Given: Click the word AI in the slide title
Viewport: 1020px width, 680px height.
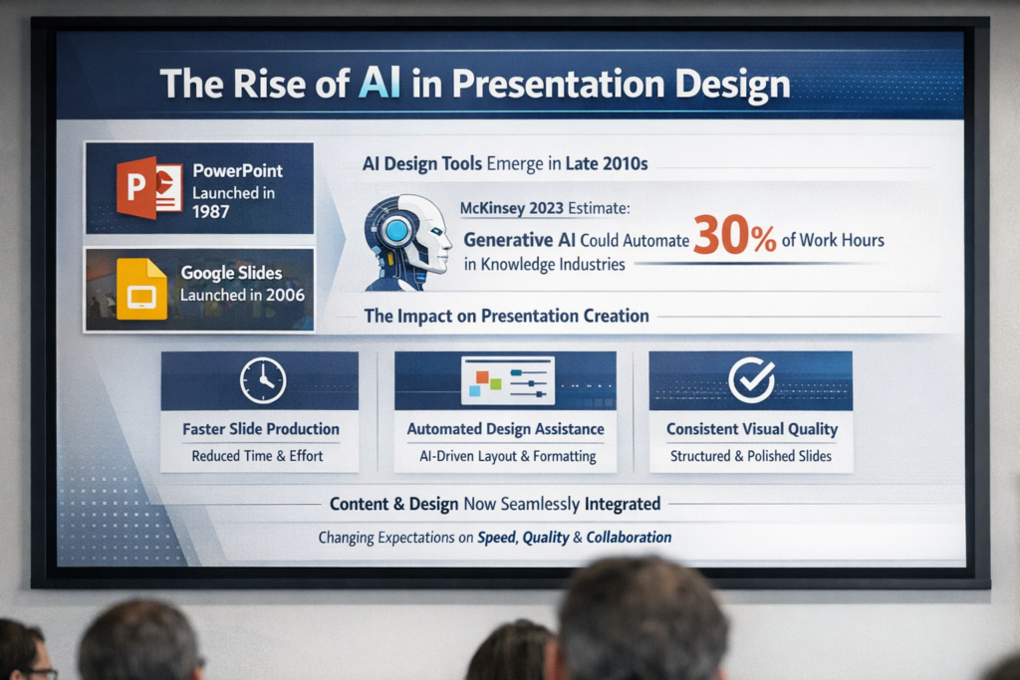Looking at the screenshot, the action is click(x=379, y=84).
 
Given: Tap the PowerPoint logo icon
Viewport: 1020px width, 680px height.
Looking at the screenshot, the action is click(x=149, y=188).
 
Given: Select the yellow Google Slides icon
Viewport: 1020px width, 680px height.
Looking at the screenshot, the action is click(x=141, y=290).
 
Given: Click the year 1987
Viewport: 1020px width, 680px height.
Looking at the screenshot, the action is click(x=210, y=212).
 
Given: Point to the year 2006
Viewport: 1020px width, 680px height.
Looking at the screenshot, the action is click(x=285, y=295).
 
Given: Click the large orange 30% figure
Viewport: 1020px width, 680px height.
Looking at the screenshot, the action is click(x=734, y=235).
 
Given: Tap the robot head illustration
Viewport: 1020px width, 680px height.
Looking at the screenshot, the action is click(x=407, y=242).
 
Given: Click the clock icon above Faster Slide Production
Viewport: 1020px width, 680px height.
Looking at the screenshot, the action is click(x=263, y=380).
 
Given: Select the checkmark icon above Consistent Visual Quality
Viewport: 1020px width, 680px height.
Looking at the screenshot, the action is click(x=751, y=380).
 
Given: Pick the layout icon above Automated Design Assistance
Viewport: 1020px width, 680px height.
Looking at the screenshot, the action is click(x=508, y=380).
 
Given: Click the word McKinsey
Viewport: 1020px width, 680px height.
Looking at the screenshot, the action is click(x=492, y=209).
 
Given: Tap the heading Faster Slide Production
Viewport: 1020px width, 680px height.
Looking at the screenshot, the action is click(x=261, y=429).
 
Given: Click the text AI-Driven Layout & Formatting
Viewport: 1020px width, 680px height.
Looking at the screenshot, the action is click(x=507, y=456).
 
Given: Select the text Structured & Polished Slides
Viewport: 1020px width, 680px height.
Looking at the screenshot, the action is click(x=751, y=456).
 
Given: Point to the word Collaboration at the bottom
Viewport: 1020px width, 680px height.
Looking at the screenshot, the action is click(x=629, y=538).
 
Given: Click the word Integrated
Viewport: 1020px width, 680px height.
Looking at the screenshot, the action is click(x=623, y=504).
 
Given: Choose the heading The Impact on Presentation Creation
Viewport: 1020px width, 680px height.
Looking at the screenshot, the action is click(x=506, y=316).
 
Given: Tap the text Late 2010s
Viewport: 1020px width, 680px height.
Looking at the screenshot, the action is click(x=607, y=163).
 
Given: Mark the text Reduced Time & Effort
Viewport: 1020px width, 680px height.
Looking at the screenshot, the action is click(x=257, y=456).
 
